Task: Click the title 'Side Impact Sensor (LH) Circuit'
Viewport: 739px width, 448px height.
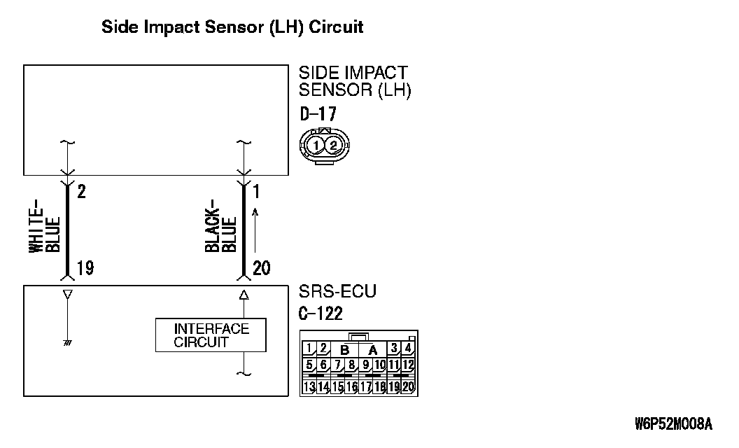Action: tap(232, 28)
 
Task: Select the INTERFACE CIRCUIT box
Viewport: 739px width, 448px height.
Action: tap(211, 335)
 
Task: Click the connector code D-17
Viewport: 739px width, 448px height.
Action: tap(318, 114)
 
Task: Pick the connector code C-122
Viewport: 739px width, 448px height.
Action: tap(321, 314)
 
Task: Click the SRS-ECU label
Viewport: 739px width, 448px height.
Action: tap(337, 292)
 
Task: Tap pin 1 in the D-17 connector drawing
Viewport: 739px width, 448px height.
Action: tap(317, 146)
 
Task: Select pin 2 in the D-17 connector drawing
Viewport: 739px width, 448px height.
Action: tap(334, 146)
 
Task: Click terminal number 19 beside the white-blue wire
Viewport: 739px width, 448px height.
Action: tap(85, 268)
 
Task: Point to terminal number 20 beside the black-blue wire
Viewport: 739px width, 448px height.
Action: tap(261, 268)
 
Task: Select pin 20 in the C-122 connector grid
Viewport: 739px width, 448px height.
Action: tap(408, 386)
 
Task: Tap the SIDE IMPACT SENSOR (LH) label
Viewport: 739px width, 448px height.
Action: tap(354, 81)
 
